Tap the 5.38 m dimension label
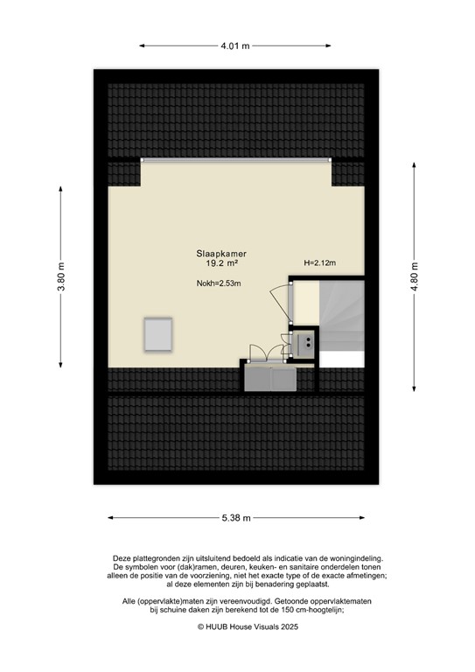(236, 518)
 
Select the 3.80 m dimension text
(61, 278)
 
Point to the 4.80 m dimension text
(415, 278)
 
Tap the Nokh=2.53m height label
(219, 283)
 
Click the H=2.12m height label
(320, 262)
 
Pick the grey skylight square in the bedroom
(158, 332)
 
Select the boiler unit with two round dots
(306, 344)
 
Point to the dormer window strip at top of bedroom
(236, 160)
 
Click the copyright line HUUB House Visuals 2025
(236, 626)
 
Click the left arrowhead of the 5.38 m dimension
(110, 518)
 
